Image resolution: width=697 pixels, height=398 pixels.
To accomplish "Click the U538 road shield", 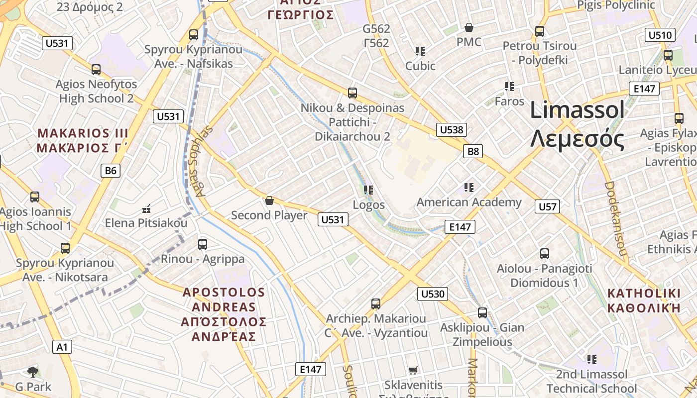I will [x=452, y=130].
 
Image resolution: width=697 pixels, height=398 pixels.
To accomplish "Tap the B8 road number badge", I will [x=473, y=151].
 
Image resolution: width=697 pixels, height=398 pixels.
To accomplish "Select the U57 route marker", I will [x=547, y=206].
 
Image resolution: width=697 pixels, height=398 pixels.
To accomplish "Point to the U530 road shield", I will [x=433, y=294].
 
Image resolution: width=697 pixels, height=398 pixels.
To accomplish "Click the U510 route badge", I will [x=660, y=35].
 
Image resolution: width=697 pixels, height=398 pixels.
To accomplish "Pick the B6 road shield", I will [x=111, y=171].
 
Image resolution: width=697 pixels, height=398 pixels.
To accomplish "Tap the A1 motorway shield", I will [x=62, y=347].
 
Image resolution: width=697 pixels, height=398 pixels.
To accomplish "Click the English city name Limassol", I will [x=577, y=110].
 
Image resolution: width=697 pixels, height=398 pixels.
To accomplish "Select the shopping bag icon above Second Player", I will [x=269, y=200].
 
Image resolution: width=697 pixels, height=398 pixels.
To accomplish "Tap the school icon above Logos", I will [x=368, y=190].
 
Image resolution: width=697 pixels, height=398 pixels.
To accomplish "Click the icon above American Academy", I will [x=468, y=188].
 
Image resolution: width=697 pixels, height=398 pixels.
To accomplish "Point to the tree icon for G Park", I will [x=33, y=372].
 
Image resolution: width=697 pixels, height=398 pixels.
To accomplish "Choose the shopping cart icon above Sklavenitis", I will [x=413, y=370].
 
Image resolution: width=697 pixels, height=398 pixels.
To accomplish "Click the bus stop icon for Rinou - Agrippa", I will [x=202, y=244].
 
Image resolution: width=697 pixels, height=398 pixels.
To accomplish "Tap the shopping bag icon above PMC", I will [x=468, y=27].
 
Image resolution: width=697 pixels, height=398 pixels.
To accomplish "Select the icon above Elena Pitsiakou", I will [x=146, y=208].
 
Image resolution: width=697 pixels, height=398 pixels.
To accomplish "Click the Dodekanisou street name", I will [x=615, y=219].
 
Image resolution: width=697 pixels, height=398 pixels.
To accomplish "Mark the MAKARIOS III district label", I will [x=83, y=133].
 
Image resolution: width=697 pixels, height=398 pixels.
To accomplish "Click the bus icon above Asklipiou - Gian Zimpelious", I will [x=482, y=313].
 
